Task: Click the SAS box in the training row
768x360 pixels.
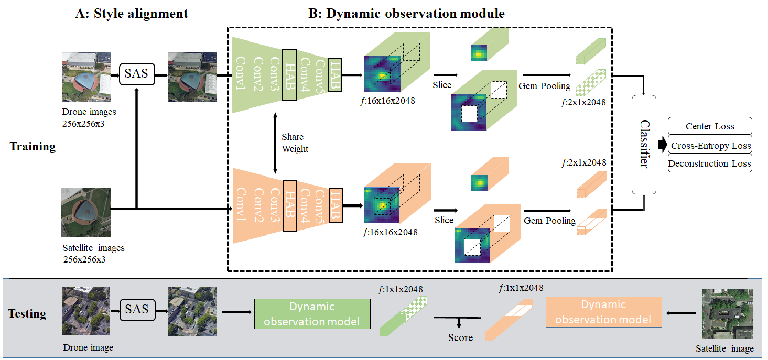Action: [136, 73]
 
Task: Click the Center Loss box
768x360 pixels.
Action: [710, 126]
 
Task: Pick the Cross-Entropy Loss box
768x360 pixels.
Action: [710, 146]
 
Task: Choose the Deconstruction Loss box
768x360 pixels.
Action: [710, 163]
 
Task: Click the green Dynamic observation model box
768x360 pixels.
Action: [312, 314]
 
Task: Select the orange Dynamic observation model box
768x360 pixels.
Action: [603, 312]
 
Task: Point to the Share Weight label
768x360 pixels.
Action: [295, 143]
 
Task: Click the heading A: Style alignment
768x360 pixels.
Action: [132, 14]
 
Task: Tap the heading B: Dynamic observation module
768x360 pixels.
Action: [406, 14]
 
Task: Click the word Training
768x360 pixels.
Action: [33, 147]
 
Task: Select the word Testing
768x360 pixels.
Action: [27, 314]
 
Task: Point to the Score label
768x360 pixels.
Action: [460, 337]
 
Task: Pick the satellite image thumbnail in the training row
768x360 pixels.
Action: [86, 212]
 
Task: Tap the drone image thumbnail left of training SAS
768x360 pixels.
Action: [86, 77]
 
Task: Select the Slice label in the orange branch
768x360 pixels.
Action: [444, 220]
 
